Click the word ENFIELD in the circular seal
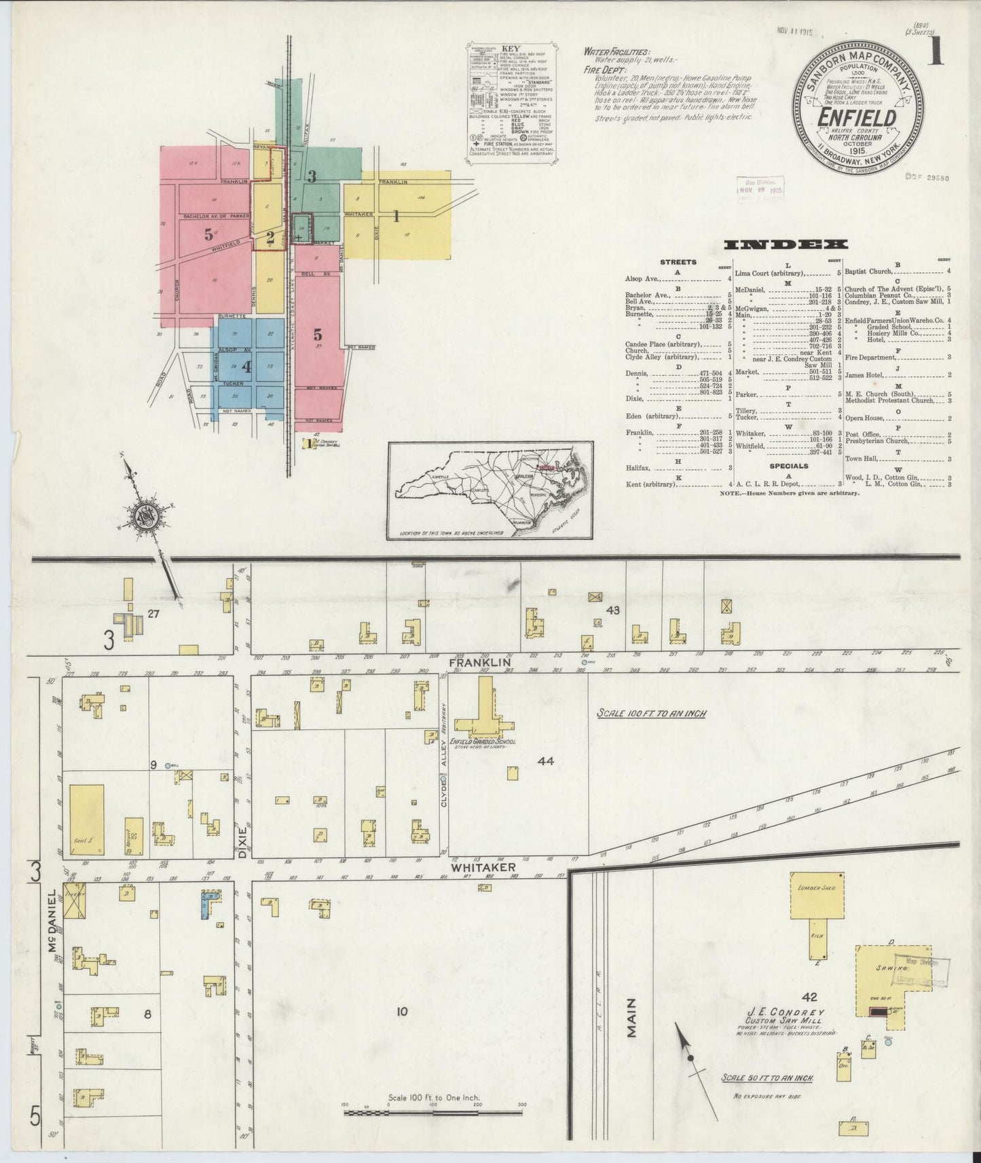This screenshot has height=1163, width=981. pyautogui.click(x=857, y=117)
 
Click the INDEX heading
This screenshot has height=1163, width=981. pyautogui.click(x=785, y=245)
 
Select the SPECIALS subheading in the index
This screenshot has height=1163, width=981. pyautogui.click(x=788, y=466)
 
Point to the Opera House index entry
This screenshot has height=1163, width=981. pyautogui.click(x=865, y=419)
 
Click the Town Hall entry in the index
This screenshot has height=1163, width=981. pyautogui.click(x=861, y=459)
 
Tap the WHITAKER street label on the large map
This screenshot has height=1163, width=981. pyautogui.click(x=483, y=867)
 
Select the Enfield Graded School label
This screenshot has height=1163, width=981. pyautogui.click(x=484, y=742)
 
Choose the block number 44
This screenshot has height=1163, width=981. pyautogui.click(x=546, y=761)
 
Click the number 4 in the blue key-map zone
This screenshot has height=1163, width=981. pyautogui.click(x=246, y=367)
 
